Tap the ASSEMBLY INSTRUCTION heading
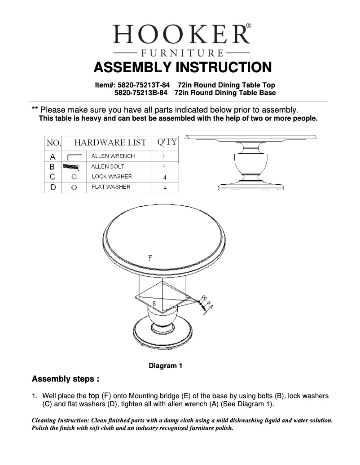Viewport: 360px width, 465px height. tap(182, 67)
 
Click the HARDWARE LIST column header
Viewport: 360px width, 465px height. tap(110, 143)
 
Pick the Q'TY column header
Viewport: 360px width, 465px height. tap(166, 143)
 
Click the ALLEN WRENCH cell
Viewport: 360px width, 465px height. tap(113, 156)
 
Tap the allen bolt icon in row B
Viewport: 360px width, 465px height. tap(71, 167)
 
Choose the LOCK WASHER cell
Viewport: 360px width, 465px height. tap(112, 177)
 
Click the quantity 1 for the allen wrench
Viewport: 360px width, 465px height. tap(164, 157)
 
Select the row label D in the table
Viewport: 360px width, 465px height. tap(53, 187)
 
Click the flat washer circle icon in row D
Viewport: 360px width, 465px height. tap(74, 187)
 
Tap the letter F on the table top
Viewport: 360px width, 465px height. tap(150, 258)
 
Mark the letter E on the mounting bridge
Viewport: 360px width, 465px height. tap(154, 304)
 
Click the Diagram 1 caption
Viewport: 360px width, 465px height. tap(165, 366)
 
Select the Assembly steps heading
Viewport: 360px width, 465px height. tap(66, 379)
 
